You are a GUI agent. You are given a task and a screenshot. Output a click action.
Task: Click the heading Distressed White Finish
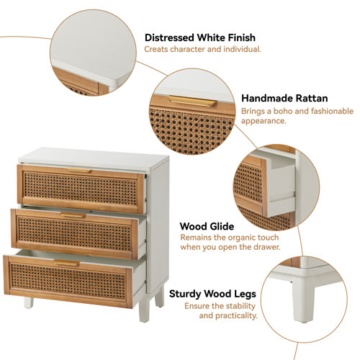tap(200, 37)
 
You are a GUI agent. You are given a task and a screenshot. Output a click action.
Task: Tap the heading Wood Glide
tap(207, 226)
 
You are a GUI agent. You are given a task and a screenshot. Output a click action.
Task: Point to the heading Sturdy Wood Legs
tap(212, 294)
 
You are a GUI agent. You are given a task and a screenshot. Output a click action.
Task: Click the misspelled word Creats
tap(158, 50)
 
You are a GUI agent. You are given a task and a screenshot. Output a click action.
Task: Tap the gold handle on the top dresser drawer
tap(79, 171)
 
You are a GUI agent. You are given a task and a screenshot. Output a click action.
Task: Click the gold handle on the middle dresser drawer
tap(73, 215)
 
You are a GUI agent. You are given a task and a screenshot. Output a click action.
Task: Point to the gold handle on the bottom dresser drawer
tap(67, 264)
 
